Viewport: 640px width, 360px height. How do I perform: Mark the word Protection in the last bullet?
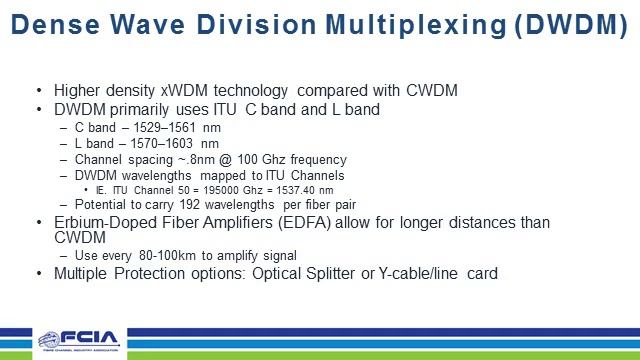[x=147, y=273]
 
